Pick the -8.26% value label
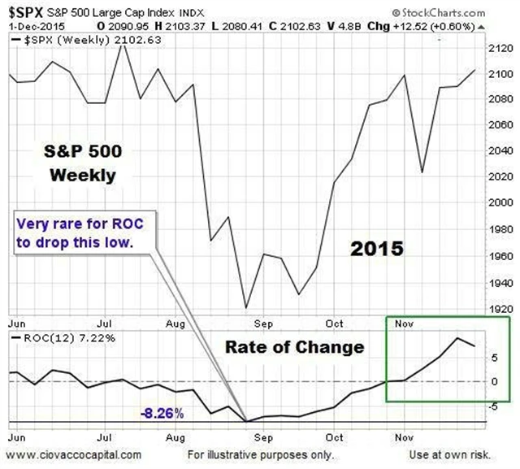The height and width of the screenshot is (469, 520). (162, 413)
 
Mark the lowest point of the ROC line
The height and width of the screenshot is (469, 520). (246, 421)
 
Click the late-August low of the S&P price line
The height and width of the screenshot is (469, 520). (246, 308)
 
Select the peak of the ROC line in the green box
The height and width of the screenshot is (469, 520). (457, 338)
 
